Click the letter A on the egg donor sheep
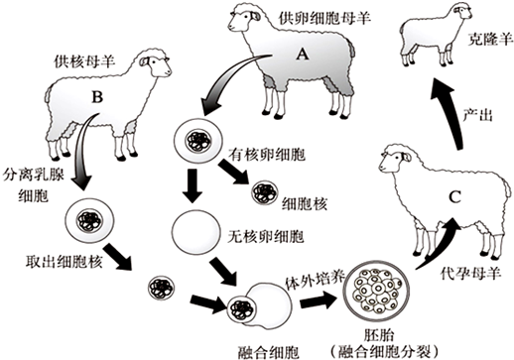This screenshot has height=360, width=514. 302,54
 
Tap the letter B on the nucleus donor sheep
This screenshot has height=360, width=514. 97,97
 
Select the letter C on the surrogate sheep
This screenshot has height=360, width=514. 454,197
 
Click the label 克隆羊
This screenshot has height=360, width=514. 490,39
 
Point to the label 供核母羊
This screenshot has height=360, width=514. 84,61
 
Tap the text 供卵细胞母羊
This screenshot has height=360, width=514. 324,18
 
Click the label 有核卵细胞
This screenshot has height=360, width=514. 267,155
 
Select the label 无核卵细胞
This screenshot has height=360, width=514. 266,236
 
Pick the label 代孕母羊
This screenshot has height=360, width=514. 471,274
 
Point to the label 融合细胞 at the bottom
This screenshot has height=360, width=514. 268,352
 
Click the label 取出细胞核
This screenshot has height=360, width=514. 64,261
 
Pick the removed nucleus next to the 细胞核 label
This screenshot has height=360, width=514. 265,192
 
